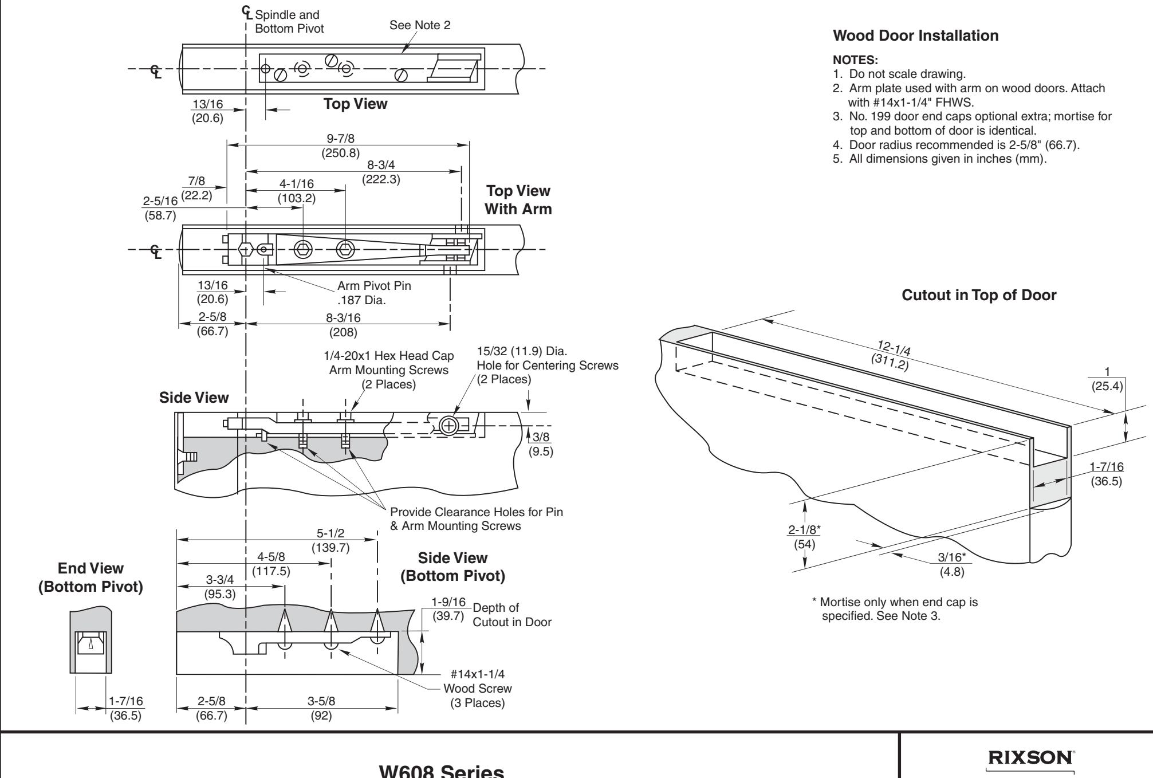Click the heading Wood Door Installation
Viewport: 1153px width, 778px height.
pyautogui.click(x=915, y=36)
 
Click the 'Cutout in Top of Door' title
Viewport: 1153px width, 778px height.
pyautogui.click(x=979, y=296)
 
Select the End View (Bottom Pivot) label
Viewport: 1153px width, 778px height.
pyautogui.click(x=90, y=578)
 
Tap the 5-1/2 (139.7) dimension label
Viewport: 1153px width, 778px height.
pyautogui.click(x=330, y=541)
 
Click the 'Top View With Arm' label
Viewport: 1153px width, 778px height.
pyautogui.click(x=518, y=200)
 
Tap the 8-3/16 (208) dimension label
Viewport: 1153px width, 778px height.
pyautogui.click(x=344, y=324)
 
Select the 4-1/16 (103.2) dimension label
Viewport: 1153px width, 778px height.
pyautogui.click(x=296, y=191)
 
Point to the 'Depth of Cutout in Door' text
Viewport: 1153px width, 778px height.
pyautogui.click(x=512, y=615)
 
